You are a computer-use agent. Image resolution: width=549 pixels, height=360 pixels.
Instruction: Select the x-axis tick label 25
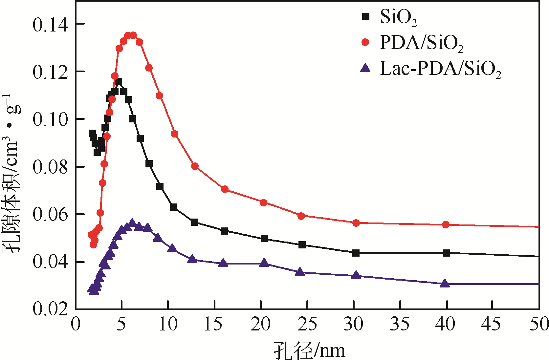click(x=307, y=324)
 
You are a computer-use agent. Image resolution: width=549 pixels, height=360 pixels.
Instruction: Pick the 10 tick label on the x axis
click(x=168, y=324)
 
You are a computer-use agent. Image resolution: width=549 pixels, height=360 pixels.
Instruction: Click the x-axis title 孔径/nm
click(x=310, y=350)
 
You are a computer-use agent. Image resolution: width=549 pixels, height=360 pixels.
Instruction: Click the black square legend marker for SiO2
click(x=365, y=16)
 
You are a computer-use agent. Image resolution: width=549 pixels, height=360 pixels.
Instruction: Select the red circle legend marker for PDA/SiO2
click(x=365, y=42)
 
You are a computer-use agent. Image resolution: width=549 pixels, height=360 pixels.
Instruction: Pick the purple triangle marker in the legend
click(x=365, y=68)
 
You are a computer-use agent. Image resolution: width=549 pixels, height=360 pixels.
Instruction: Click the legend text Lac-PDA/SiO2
click(x=440, y=69)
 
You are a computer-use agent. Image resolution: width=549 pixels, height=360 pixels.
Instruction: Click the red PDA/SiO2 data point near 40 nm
click(x=446, y=225)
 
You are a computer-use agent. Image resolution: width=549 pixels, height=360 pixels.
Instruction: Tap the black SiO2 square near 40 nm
click(x=446, y=253)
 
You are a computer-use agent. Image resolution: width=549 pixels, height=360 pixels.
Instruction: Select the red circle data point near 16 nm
click(x=225, y=189)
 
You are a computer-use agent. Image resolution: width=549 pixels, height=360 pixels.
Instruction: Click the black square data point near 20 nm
click(x=264, y=239)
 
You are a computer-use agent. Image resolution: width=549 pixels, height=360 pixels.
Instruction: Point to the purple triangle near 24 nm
click(x=300, y=272)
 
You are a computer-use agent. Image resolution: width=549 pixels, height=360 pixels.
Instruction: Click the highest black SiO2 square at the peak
click(x=119, y=82)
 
